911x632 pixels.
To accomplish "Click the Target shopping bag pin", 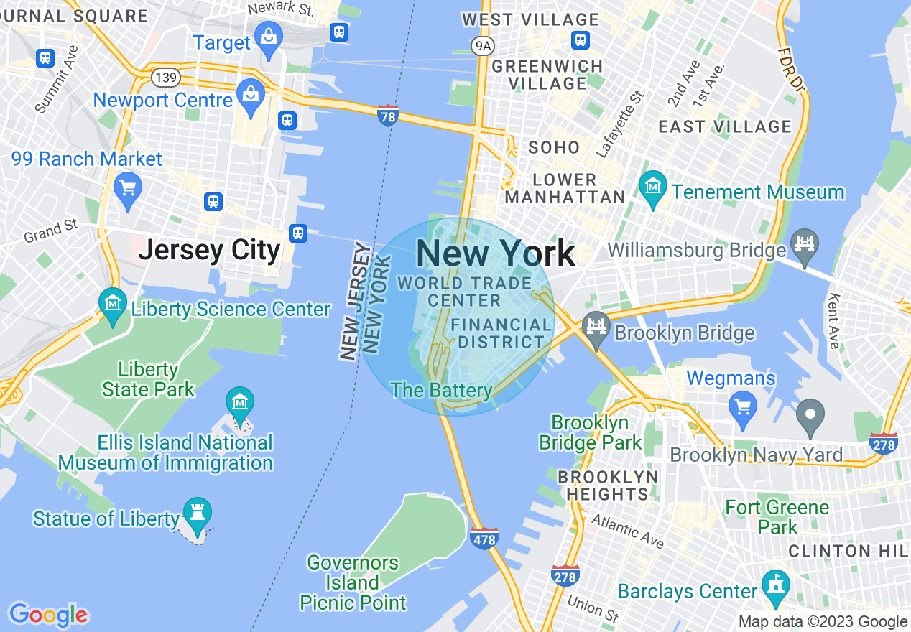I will click(269, 39).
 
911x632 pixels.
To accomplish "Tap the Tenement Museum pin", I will click(652, 189).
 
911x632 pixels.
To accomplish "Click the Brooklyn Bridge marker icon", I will click(596, 330).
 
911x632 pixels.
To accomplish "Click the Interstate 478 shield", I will click(484, 537).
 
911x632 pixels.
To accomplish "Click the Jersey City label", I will click(209, 251).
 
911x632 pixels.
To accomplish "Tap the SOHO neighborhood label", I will click(554, 148).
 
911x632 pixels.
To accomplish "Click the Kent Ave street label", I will click(834, 321).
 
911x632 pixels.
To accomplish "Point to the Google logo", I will click(48, 615).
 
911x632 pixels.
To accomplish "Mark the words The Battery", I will click(441, 391).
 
